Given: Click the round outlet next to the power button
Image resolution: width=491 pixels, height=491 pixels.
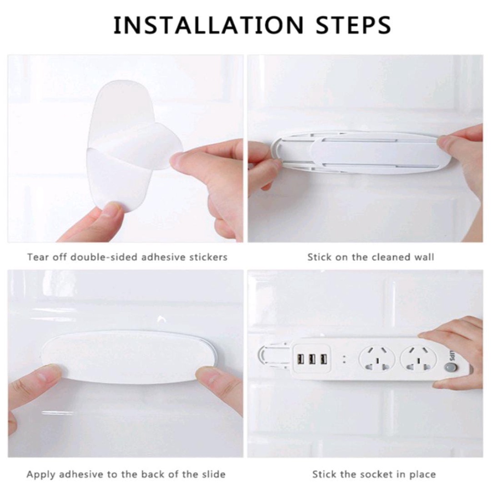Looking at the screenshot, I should click(x=418, y=359).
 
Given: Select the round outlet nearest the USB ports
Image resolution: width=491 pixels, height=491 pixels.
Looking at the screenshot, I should click(x=377, y=359).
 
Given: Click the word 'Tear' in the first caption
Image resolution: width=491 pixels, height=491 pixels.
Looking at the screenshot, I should click(x=36, y=257).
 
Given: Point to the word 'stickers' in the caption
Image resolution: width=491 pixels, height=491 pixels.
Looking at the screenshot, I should click(x=207, y=257).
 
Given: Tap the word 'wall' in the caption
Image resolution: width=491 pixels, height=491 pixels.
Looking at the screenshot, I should click(x=424, y=257).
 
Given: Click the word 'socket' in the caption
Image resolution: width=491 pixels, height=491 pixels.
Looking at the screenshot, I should click(x=377, y=475).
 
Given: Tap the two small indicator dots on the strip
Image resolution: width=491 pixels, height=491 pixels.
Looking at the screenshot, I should click(x=344, y=359).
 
